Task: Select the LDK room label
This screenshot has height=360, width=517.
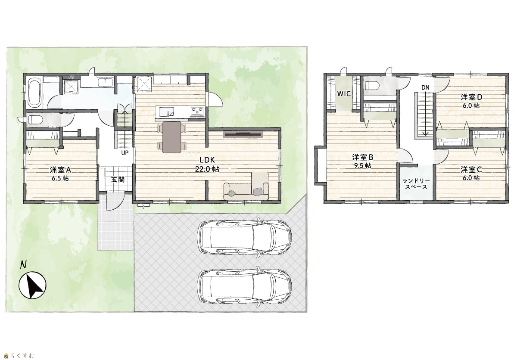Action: (207, 160)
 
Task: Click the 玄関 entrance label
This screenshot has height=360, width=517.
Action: (118, 180)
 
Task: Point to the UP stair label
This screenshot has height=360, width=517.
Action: (125, 153)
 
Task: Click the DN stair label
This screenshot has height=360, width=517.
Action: (425, 88)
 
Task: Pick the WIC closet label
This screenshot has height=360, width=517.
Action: (344, 93)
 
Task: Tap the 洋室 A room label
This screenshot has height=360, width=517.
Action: (60, 170)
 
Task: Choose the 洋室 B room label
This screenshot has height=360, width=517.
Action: (363, 158)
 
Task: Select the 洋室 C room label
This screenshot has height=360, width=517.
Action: (471, 170)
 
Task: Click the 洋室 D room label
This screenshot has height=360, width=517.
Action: (471, 97)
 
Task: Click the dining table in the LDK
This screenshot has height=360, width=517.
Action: (172, 137)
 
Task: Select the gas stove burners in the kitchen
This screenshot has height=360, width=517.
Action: (197, 111)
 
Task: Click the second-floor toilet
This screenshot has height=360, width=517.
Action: (373, 86)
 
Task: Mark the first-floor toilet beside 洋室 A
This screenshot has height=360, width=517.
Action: (35, 120)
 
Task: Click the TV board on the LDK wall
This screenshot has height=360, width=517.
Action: (243, 134)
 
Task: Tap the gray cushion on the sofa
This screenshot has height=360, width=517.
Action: (258, 191)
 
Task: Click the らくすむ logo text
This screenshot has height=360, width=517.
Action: (22, 355)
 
